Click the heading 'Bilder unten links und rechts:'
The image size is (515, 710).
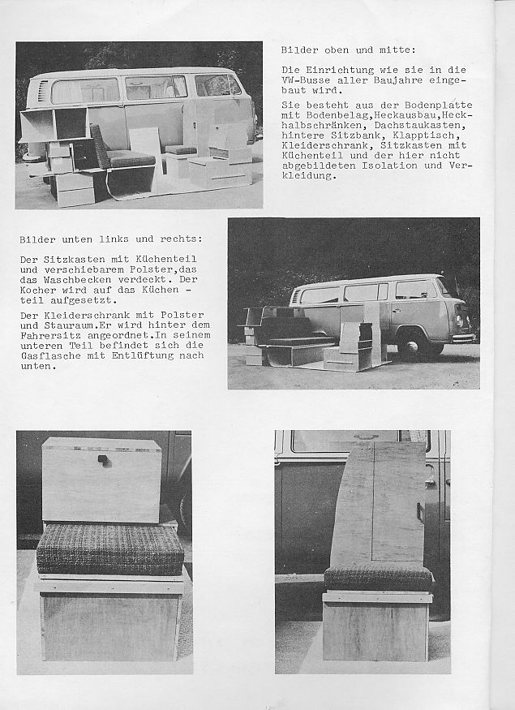(x=110, y=239)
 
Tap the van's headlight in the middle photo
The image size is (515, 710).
(x=460, y=320)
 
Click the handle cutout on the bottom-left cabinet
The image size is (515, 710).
(x=105, y=461)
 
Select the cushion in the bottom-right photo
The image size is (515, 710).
(x=378, y=578)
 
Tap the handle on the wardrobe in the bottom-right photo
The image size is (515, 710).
(x=420, y=512)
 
